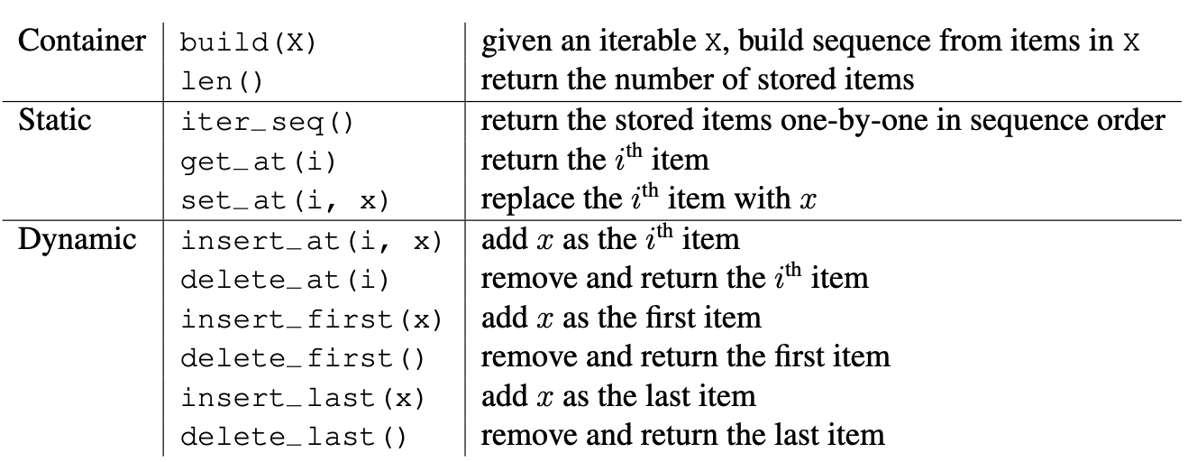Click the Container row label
[x=82, y=41]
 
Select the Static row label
[x=55, y=120]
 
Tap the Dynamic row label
[x=78, y=240]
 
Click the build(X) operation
[x=248, y=42]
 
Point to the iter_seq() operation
[x=267, y=123]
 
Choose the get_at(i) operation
[x=259, y=162]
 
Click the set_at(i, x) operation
[x=285, y=200]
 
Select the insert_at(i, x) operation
[x=311, y=241]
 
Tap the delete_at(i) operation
[x=285, y=280]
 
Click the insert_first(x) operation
[x=311, y=319]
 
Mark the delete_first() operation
[x=302, y=358]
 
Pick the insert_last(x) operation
[x=302, y=398]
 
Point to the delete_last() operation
[x=293, y=437]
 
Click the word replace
[x=525, y=200]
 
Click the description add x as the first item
[x=621, y=319]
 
